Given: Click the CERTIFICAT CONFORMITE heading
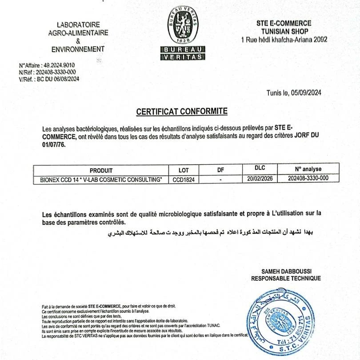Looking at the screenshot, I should coord(182,111).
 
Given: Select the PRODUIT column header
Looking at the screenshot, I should coord(101,170).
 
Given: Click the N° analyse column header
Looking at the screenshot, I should coord(308,169).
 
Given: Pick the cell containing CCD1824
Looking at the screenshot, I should coord(184,179).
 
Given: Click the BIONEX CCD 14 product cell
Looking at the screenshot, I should coord(101,179).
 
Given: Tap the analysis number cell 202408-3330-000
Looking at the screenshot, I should coord(308,178).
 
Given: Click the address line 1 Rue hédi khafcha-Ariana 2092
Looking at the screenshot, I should coord(284,40).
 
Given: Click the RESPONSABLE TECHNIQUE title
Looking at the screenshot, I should coord(286,279).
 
